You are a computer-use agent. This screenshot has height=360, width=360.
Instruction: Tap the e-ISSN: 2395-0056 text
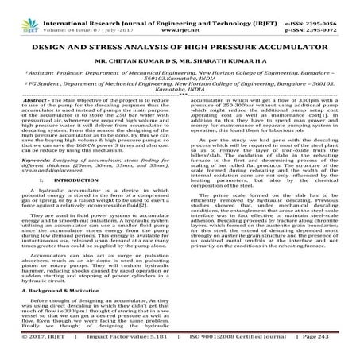pyautogui.click(x=327, y=6)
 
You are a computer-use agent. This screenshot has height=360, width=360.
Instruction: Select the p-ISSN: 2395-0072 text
pyautogui.click(x=327, y=15)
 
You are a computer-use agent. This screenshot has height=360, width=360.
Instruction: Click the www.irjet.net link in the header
pyautogui.click(x=180, y=15)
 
